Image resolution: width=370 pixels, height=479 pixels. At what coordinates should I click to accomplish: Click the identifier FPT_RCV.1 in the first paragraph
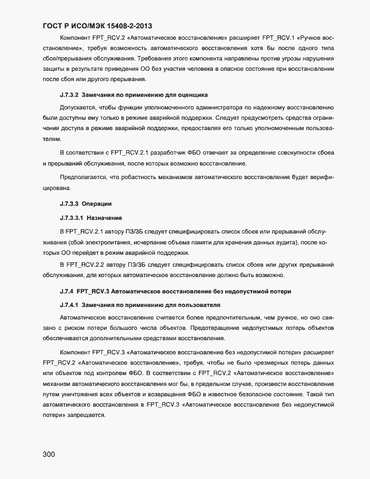279,38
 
